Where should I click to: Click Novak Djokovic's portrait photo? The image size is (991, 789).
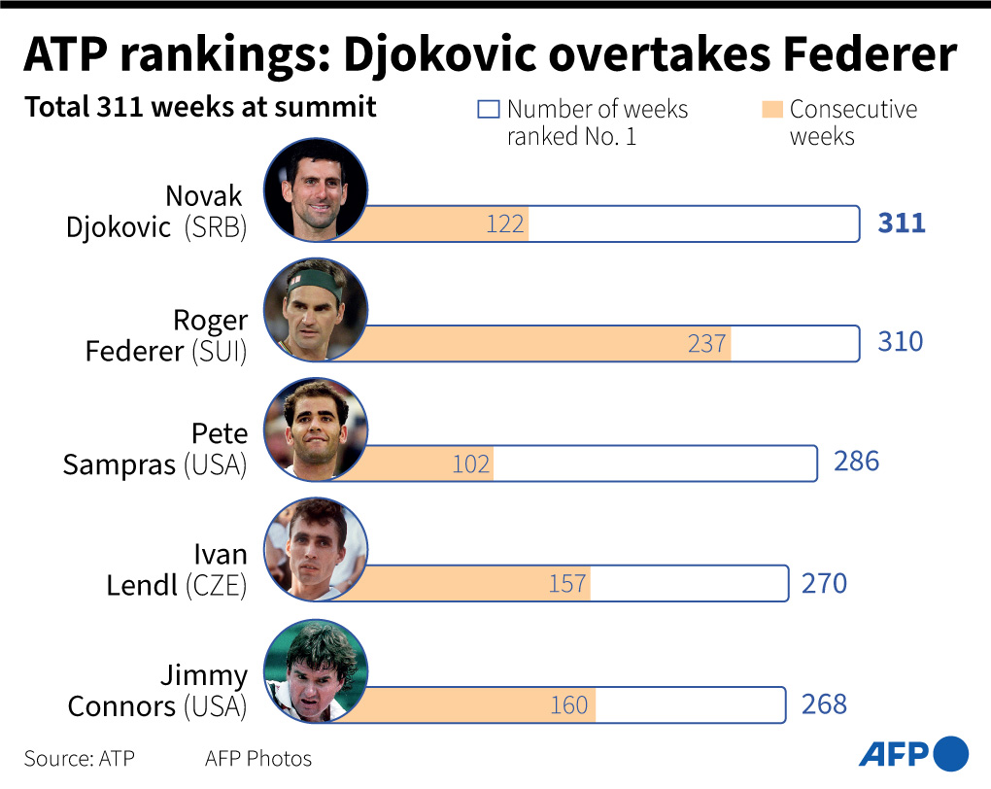316,189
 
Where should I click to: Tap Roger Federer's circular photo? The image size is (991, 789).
316,309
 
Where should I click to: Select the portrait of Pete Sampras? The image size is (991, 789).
316,429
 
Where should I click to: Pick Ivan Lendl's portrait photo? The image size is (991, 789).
316,549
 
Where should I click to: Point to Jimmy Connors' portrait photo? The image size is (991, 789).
316,670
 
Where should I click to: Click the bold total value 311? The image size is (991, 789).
902,223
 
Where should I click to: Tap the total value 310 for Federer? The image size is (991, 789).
901,342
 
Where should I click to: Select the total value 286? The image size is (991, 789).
856,461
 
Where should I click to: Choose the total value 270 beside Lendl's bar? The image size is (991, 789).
824,583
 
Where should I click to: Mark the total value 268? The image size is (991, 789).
824,703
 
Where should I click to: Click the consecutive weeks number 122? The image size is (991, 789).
505,225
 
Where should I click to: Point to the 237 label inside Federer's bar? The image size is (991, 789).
707,344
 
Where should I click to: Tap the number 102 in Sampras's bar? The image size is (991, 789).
471,464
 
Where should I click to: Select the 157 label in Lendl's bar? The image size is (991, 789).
567,584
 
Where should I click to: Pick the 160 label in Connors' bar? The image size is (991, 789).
569,704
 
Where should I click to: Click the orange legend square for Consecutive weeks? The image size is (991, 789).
772,109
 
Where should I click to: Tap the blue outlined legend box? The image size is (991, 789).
488,109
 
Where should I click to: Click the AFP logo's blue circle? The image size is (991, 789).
951,754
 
